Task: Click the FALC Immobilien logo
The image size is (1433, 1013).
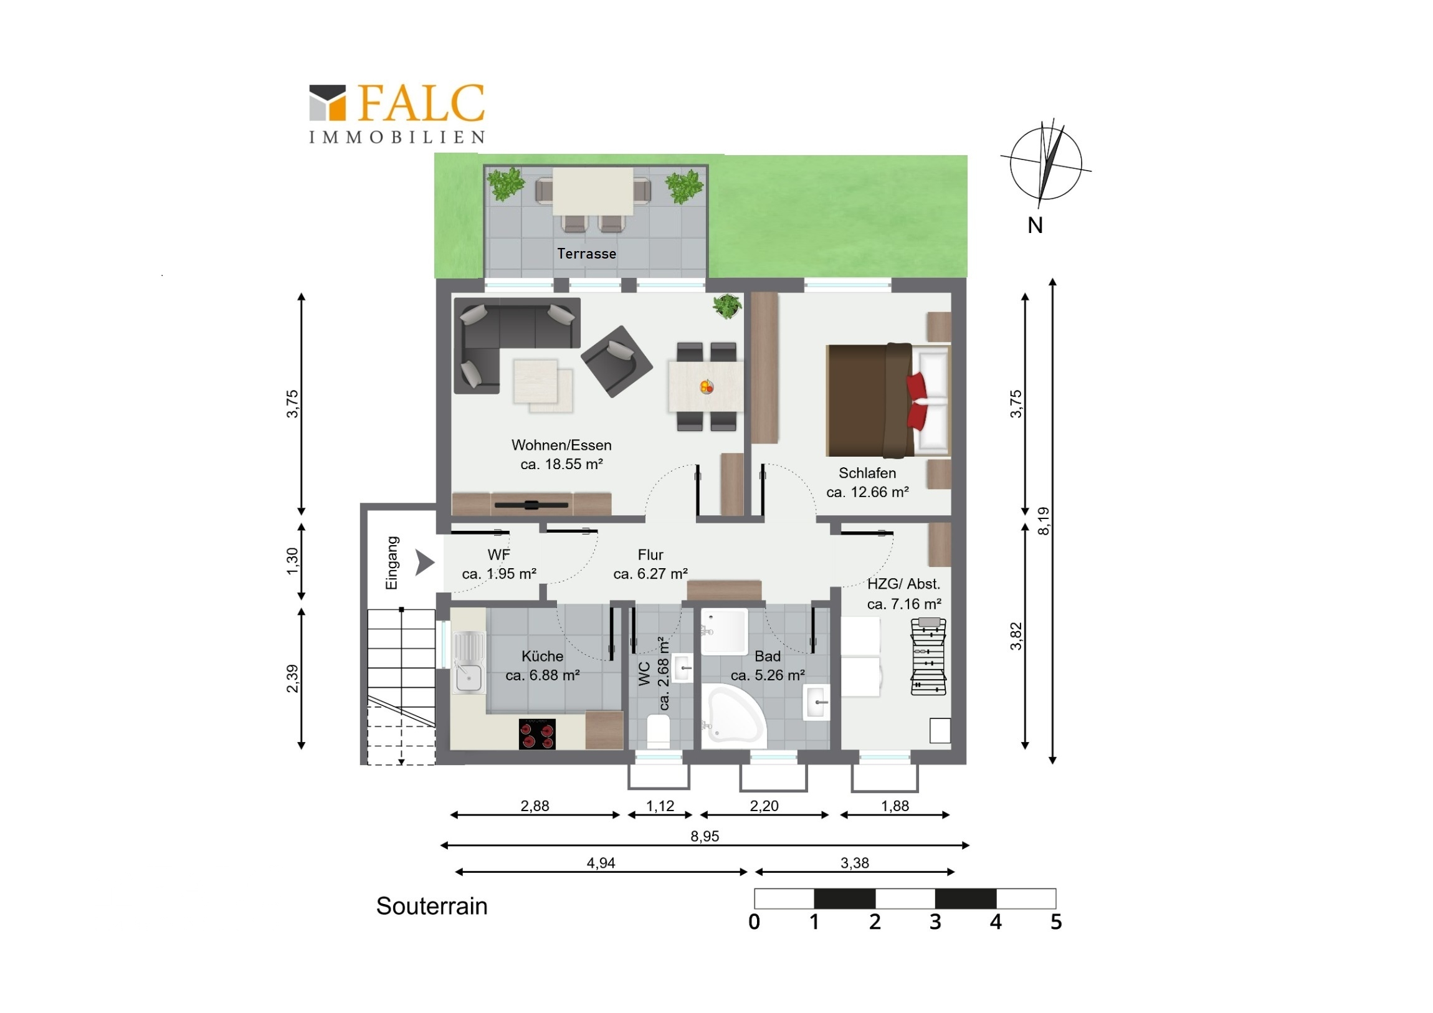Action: point(397,113)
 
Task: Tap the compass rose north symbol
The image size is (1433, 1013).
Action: point(1045,163)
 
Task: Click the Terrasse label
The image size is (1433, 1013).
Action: point(587,254)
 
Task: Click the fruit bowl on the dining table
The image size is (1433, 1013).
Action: point(707,387)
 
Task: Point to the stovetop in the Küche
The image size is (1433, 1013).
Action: point(536,734)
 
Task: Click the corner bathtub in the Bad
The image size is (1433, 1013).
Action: point(733,716)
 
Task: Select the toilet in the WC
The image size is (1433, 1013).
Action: point(658,731)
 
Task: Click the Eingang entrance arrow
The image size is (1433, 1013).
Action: point(424,563)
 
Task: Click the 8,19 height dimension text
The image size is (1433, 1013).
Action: point(1043,521)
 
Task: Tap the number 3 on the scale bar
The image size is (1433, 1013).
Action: point(935,922)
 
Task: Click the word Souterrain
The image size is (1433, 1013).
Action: point(431,906)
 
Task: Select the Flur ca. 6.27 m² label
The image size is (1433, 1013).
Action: point(650,564)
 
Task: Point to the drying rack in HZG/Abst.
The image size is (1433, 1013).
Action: point(929,656)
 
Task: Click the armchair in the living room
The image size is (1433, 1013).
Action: point(617,361)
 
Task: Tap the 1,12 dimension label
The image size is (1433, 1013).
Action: point(660,806)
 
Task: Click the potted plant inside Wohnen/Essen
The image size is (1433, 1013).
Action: point(727,306)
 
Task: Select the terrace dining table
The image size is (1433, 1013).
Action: point(593,191)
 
